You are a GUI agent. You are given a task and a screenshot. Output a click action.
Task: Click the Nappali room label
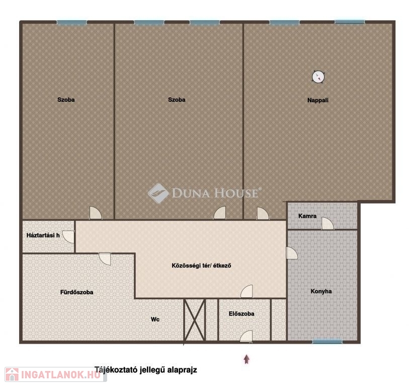[318, 100]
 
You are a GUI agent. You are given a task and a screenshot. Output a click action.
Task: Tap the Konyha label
[321, 291]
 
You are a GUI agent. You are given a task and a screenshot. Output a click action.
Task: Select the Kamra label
[307, 216]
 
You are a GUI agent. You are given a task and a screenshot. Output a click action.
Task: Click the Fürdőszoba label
[76, 292]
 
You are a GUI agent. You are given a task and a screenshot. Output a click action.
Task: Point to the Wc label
[155, 319]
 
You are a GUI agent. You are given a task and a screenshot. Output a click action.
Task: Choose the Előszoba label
[241, 313]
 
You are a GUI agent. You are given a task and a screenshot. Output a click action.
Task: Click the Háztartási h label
[43, 235]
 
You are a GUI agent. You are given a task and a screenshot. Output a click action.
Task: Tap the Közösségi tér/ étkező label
[201, 266]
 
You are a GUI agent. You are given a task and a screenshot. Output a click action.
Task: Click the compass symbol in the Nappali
[318, 77]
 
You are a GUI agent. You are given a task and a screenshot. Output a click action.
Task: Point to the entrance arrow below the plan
[247, 359]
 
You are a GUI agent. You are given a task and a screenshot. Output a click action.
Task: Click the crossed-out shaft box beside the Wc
[195, 320]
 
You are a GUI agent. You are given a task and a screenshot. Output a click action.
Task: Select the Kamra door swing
[328, 223]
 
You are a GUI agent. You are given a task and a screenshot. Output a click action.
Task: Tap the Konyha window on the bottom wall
[327, 341]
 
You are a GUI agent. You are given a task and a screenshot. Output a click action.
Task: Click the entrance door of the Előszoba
[246, 336]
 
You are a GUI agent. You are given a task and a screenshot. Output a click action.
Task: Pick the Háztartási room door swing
[68, 237]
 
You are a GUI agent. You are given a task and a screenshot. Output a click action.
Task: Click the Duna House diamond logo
[158, 193]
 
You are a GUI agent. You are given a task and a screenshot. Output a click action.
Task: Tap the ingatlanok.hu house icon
[12, 374]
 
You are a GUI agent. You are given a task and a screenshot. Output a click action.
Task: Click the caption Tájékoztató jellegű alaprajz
[145, 370]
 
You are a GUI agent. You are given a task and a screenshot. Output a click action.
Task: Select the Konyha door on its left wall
[292, 253]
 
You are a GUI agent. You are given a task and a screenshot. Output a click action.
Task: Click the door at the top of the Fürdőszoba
[105, 259]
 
